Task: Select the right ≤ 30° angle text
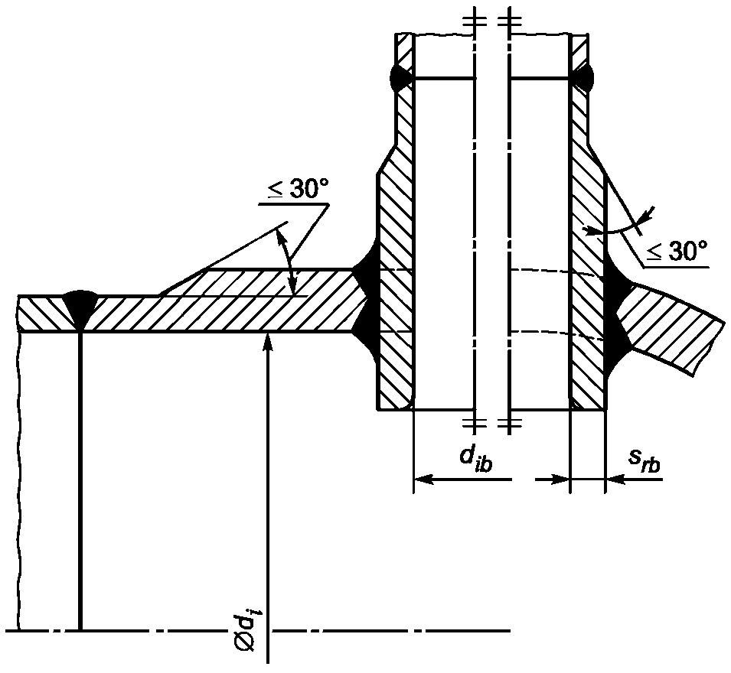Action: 676,252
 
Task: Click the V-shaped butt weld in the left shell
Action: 81,307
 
